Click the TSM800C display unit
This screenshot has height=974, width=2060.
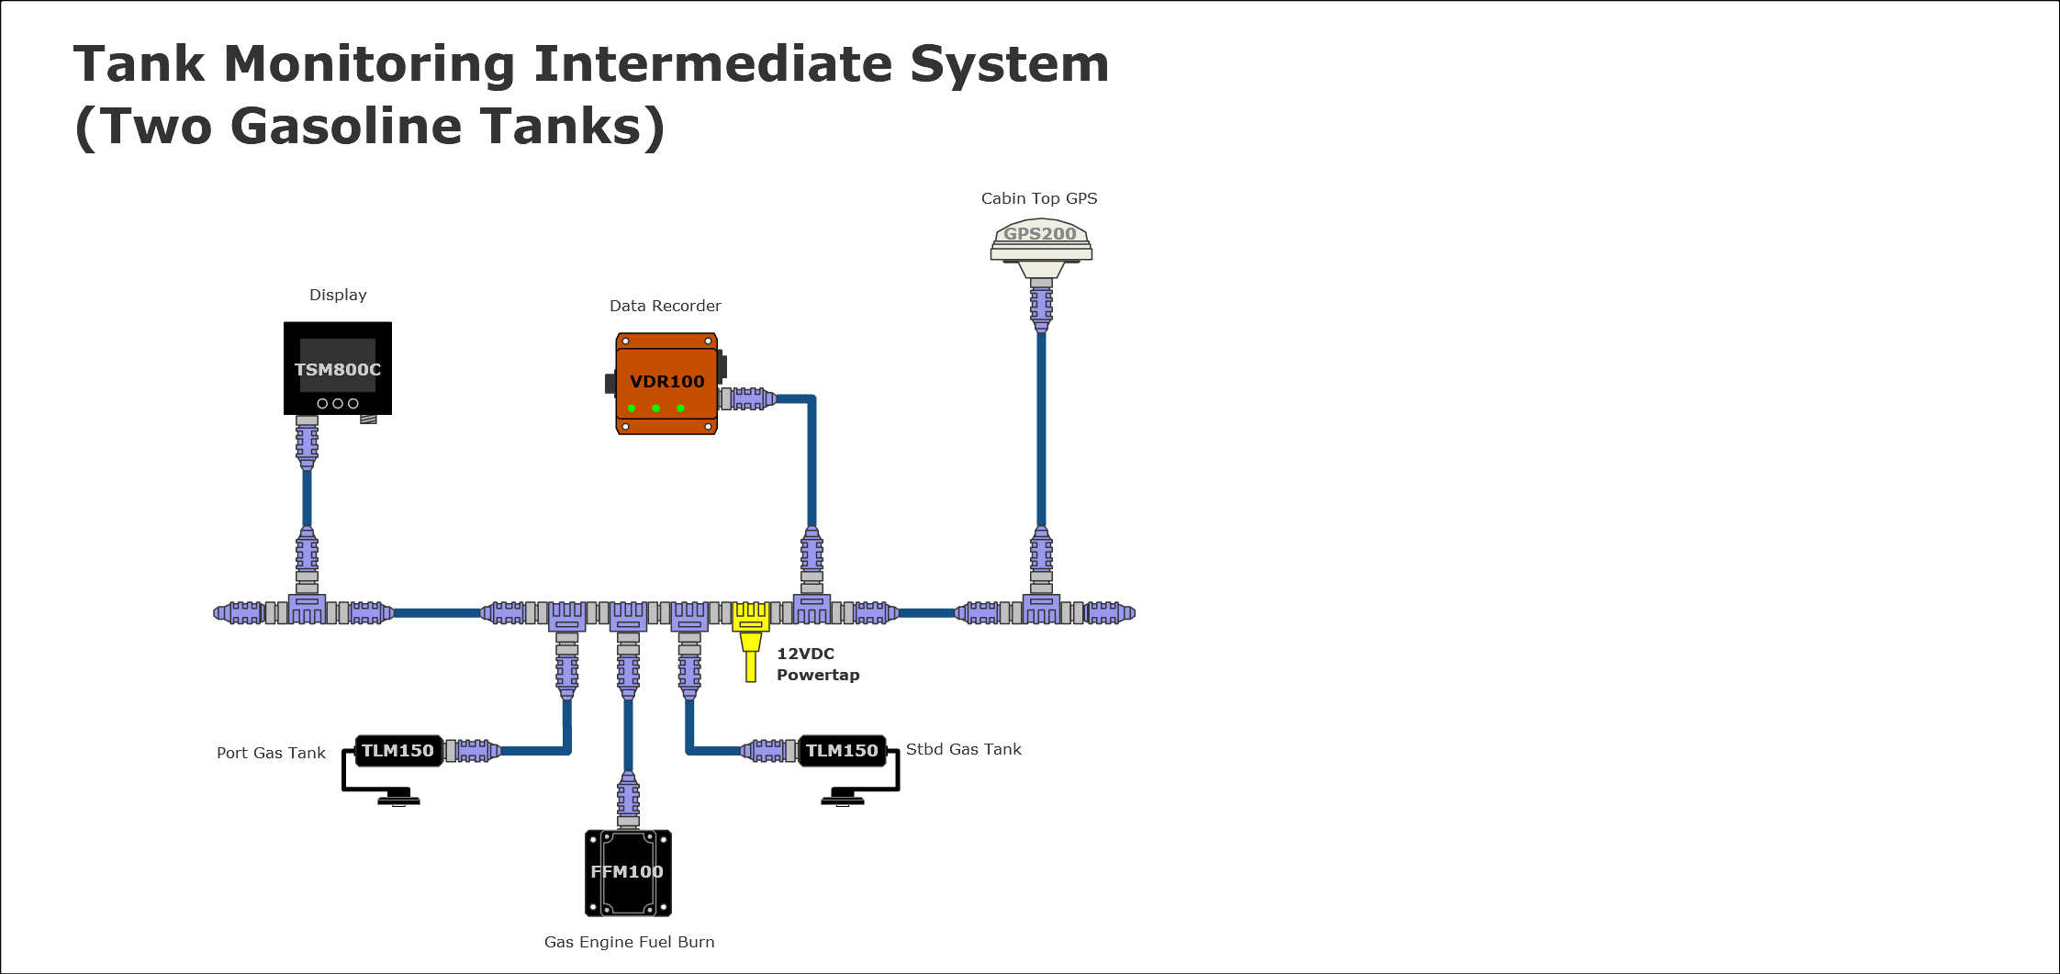pyautogui.click(x=338, y=368)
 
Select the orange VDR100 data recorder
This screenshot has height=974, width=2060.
pyautogui.click(x=666, y=383)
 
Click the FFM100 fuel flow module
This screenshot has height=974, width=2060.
pyautogui.click(x=628, y=872)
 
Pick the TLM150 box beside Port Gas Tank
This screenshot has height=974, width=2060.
pyautogui.click(x=398, y=751)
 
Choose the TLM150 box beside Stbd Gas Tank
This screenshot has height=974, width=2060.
pyautogui.click(x=842, y=751)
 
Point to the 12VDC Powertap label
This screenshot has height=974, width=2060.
pyautogui.click(x=818, y=664)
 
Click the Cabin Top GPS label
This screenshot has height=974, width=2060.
pyautogui.click(x=1039, y=198)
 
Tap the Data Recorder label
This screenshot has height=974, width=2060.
pyautogui.click(x=666, y=306)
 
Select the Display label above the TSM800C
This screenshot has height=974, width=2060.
pyautogui.click(x=338, y=295)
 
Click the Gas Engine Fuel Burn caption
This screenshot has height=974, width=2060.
pyautogui.click(x=629, y=942)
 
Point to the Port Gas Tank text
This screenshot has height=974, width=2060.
pyautogui.click(x=271, y=753)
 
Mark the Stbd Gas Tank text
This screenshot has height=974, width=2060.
pyautogui.click(x=964, y=749)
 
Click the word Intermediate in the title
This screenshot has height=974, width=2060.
pyautogui.click(x=712, y=64)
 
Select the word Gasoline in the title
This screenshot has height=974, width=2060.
pyautogui.click(x=348, y=126)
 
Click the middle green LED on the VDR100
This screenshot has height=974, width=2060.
pyautogui.click(x=655, y=408)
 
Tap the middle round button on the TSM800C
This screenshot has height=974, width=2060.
pyautogui.click(x=338, y=403)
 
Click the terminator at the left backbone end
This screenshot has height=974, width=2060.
pyautogui.click(x=237, y=612)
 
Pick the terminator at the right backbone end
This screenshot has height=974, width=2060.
pyautogui.click(x=1111, y=612)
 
